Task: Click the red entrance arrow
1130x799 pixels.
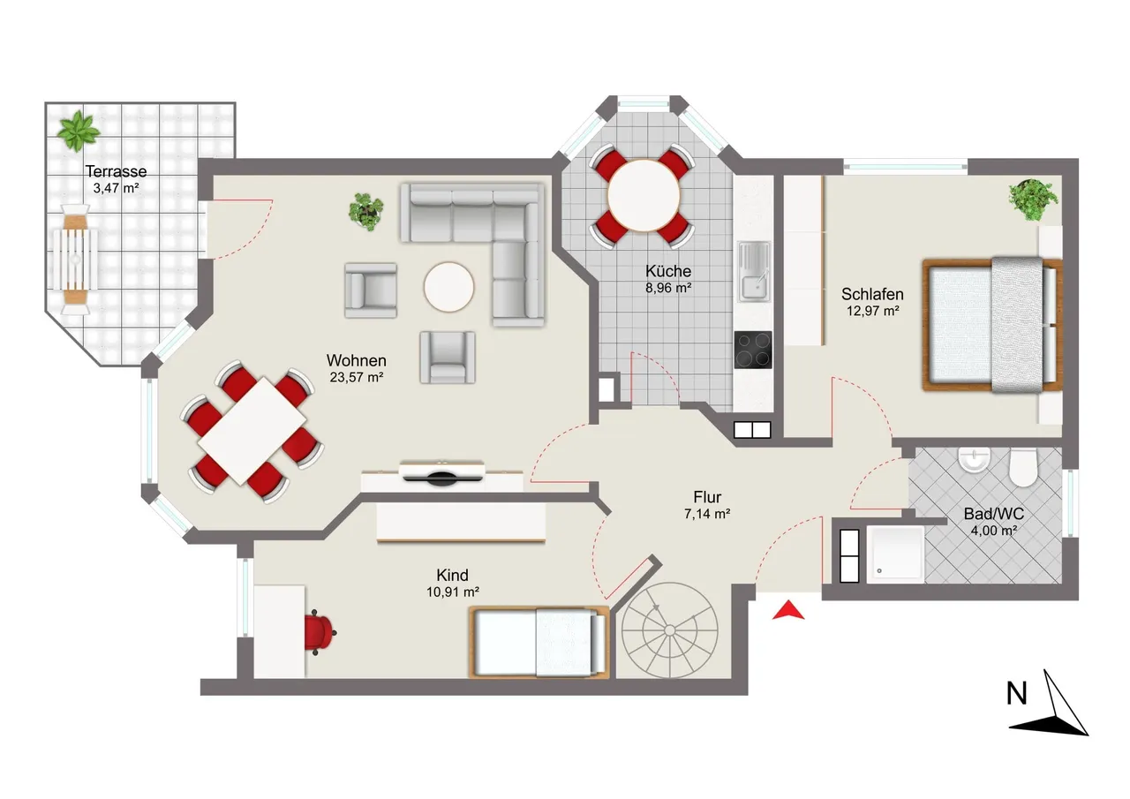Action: [x=788, y=611]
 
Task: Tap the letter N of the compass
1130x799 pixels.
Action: [x=1016, y=694]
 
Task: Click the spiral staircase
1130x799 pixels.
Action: [x=669, y=630]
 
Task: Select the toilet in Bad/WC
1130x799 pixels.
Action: [x=1022, y=468]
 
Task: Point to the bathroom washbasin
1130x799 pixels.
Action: [x=974, y=460]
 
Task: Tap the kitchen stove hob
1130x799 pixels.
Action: [x=753, y=350]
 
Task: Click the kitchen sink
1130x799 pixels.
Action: [x=754, y=272]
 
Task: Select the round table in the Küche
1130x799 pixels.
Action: [x=644, y=196]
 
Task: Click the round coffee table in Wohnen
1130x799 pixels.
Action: [x=448, y=287]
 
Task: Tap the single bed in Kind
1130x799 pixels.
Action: [x=539, y=643]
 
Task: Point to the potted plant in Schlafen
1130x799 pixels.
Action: [x=1033, y=200]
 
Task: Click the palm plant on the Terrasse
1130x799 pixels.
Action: [x=78, y=132]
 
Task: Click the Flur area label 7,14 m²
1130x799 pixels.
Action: [x=707, y=514]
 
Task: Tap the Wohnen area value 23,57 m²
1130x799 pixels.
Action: [x=357, y=377]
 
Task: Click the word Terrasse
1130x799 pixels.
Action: [x=116, y=171]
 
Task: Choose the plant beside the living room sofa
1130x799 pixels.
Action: [x=365, y=212]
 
